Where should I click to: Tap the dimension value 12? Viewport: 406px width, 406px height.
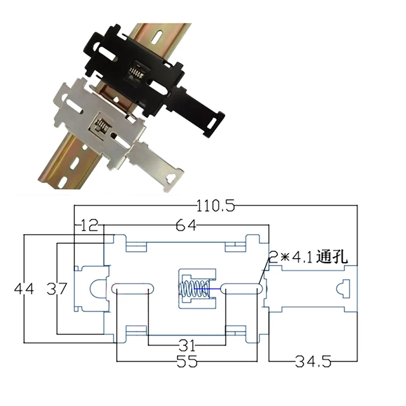(x=89, y=225)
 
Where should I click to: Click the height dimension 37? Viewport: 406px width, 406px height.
(x=58, y=289)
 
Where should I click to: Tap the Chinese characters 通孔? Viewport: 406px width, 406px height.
(x=337, y=256)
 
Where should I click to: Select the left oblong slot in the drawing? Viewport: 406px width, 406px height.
(x=132, y=289)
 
